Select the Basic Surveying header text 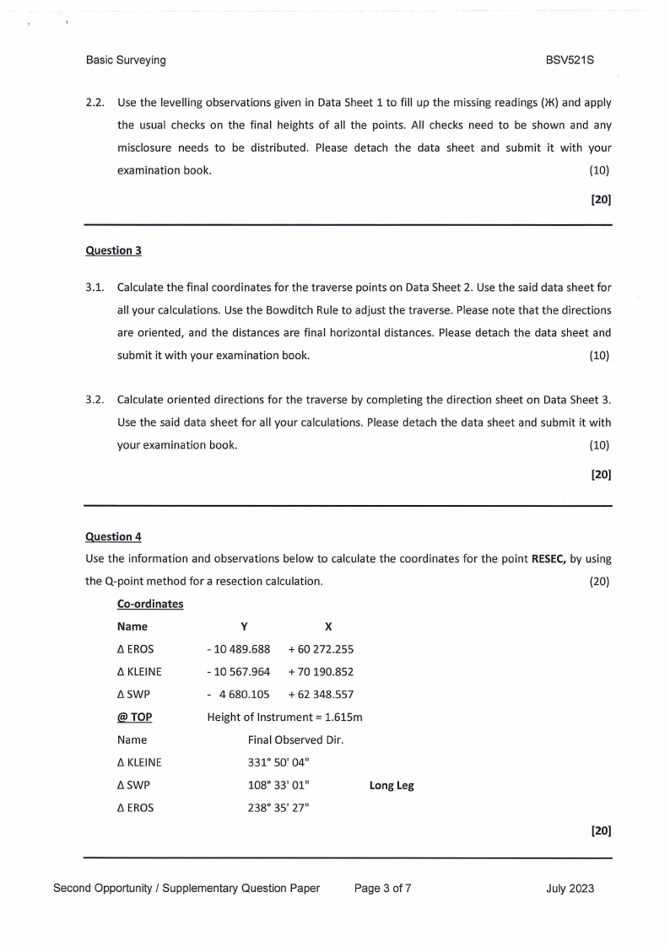126,61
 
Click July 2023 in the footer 570,888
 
